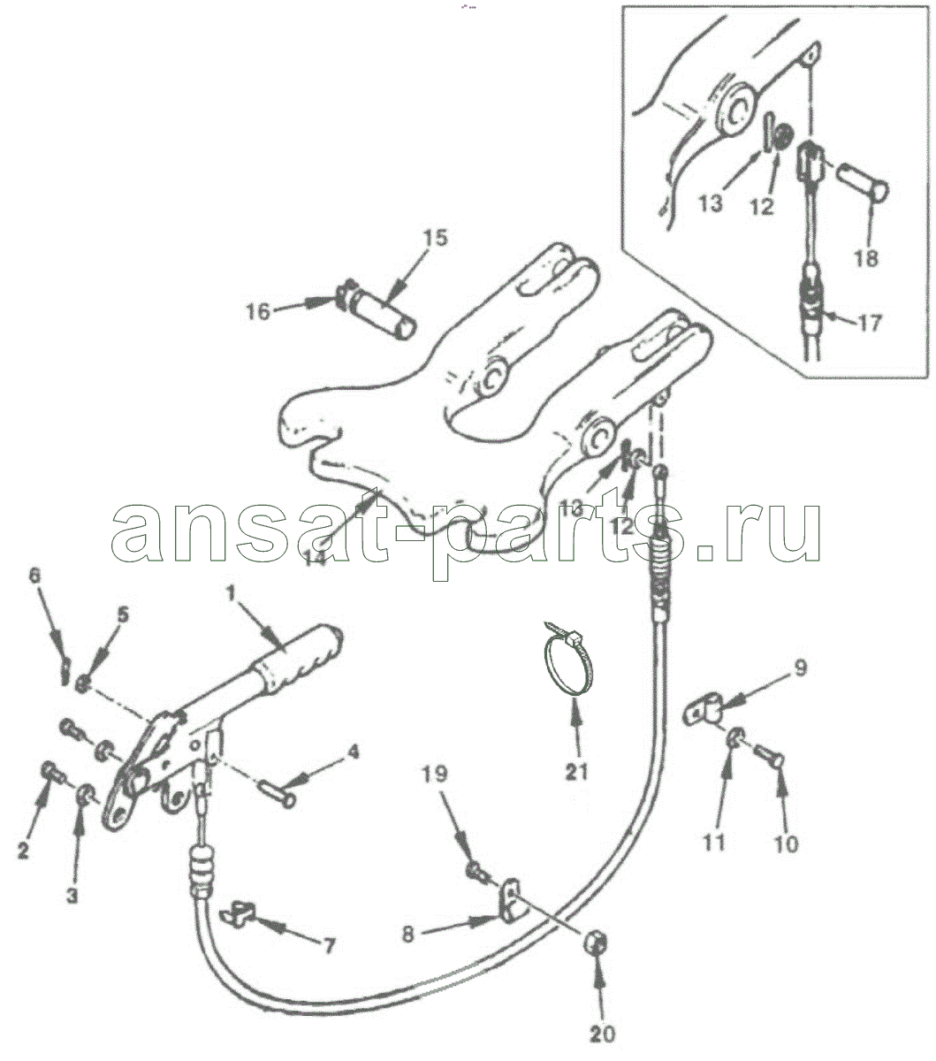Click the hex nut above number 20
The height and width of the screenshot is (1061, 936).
pyautogui.click(x=596, y=943)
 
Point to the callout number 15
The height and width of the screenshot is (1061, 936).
pyautogui.click(x=436, y=238)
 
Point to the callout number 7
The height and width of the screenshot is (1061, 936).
pyautogui.click(x=328, y=946)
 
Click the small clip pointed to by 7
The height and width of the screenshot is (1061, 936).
pyautogui.click(x=236, y=912)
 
